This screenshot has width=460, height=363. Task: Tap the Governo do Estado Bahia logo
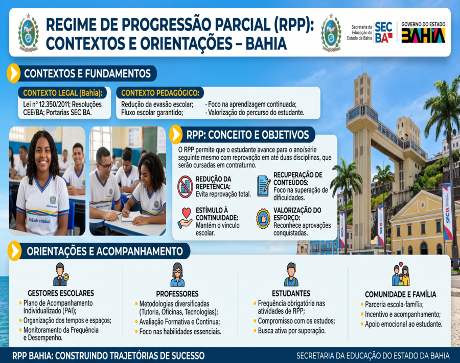[x=423, y=32]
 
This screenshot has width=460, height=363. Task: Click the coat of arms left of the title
[x=28, y=33]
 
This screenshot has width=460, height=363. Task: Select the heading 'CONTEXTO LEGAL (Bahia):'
[x=63, y=93]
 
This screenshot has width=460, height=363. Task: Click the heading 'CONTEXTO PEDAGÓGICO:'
[x=160, y=93]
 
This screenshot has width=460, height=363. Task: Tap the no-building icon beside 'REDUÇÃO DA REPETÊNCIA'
[x=185, y=187]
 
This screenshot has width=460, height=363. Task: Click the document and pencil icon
[x=263, y=186]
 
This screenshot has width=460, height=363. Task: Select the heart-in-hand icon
[x=185, y=218]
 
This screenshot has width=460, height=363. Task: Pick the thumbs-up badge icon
[x=263, y=219]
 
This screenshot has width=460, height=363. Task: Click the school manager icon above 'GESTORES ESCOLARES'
[x=61, y=274]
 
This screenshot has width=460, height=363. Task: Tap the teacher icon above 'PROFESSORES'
[x=177, y=274]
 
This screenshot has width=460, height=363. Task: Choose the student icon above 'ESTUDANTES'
[x=291, y=274]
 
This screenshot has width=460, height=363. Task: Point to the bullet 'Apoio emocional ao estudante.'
[x=403, y=324]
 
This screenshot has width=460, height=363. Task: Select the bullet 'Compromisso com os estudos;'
[x=296, y=321]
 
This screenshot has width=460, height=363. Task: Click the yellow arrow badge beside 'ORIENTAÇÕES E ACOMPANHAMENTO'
[x=14, y=251]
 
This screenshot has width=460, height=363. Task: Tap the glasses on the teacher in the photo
[x=105, y=165]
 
